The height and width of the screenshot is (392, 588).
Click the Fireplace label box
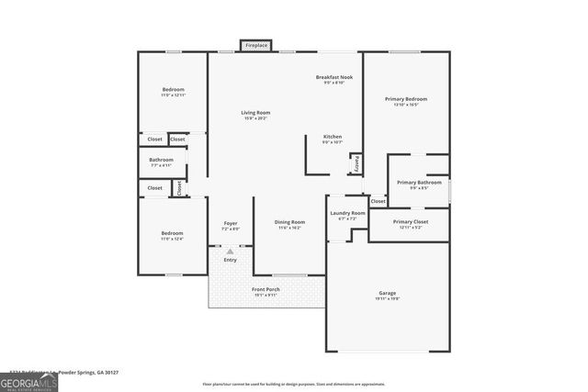(x=256, y=45)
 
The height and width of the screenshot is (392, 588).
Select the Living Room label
(x=255, y=113)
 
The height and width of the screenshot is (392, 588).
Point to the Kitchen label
(x=332, y=137)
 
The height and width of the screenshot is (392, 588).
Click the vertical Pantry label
(x=356, y=162)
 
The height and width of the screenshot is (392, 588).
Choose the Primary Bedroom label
(x=405, y=99)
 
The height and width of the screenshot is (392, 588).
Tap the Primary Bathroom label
(x=419, y=183)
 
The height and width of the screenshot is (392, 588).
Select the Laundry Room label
(x=347, y=213)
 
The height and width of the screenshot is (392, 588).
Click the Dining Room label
(x=290, y=222)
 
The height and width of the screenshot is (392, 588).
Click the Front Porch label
(x=266, y=290)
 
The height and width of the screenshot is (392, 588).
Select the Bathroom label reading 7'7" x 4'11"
(x=161, y=160)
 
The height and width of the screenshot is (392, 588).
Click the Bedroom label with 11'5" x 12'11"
(x=173, y=90)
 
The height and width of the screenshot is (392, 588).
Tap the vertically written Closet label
(x=179, y=187)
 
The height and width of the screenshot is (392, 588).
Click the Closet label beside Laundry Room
(x=378, y=201)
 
